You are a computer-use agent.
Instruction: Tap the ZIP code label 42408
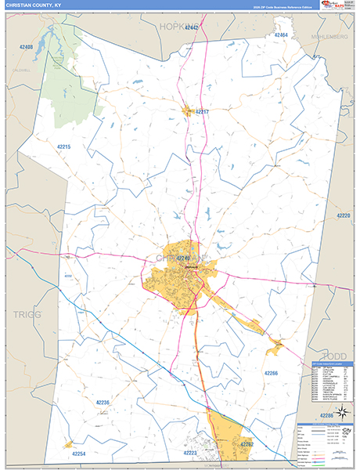26,47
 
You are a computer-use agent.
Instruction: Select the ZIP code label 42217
202,112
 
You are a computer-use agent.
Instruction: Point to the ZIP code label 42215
64,146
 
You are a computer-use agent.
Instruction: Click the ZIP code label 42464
282,35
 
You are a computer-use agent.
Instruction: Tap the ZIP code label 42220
343,215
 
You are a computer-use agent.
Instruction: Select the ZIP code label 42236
103,403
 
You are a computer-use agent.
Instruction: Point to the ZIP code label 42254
78,454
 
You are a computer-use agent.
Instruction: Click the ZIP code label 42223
190,453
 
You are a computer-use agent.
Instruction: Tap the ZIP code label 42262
246,444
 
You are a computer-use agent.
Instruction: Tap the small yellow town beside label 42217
188,111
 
